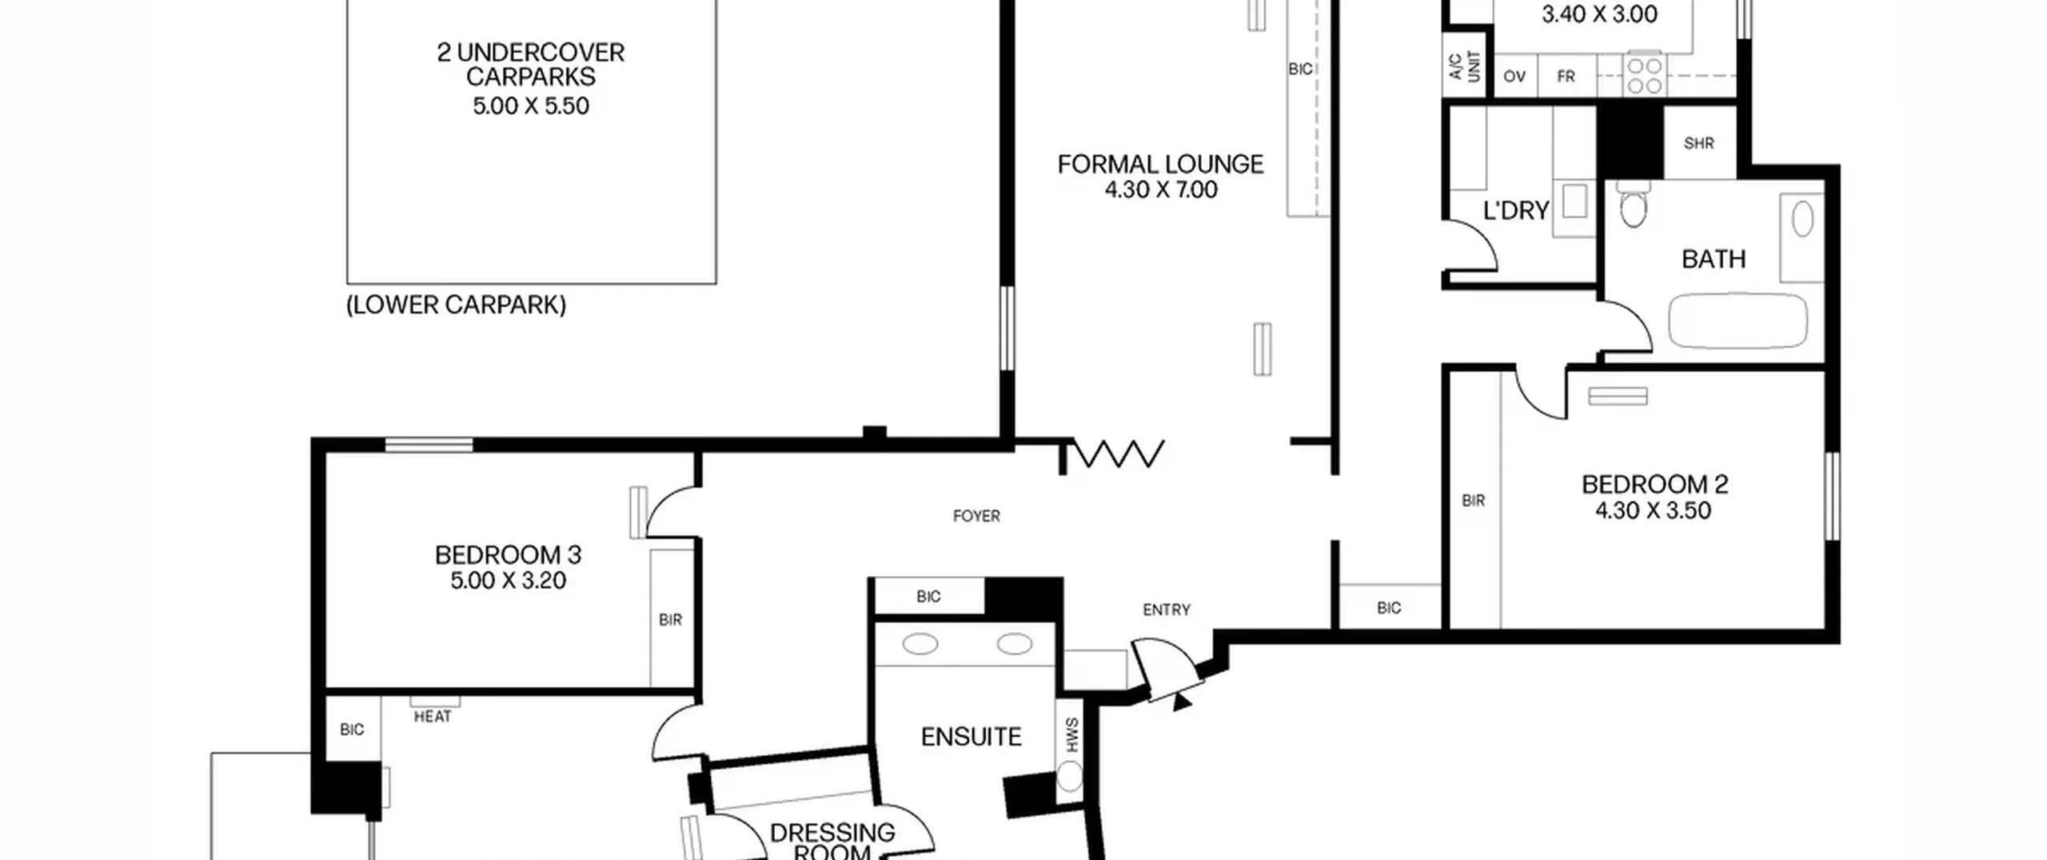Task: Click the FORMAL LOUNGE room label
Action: [1160, 164]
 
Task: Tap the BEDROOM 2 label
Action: [1654, 484]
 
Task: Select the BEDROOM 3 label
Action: [508, 554]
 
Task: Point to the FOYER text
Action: [976, 516]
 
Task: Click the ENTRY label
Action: [1167, 610]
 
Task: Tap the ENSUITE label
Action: [971, 736]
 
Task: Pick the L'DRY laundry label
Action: [1516, 210]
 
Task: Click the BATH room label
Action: [1714, 258]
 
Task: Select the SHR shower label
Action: [1698, 143]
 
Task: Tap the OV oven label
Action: [1514, 77]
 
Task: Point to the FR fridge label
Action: [1566, 77]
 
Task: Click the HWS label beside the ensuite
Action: [1071, 735]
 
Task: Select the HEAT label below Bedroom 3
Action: [433, 717]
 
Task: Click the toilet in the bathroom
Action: [1633, 203]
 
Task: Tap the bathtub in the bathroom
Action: [1738, 321]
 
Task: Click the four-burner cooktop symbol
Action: [1644, 75]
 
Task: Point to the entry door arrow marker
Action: [1182, 702]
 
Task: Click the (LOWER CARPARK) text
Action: [456, 305]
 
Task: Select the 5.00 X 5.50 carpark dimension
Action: [531, 106]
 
